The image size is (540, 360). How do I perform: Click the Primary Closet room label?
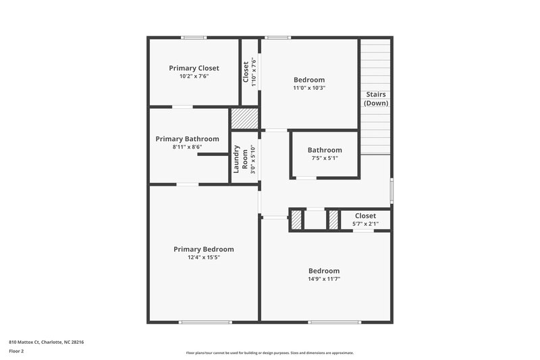[x=194, y=68]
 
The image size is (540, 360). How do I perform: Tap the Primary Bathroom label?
[x=187, y=139]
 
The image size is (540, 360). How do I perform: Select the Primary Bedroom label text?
[x=203, y=249]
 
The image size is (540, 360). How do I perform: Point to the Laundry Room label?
[x=241, y=159]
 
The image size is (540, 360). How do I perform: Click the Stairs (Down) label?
[x=376, y=99]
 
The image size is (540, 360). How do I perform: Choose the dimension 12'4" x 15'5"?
[x=203, y=257]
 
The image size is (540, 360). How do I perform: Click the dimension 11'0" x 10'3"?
[x=309, y=88]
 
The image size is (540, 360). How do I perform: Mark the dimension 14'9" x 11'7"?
[x=324, y=279]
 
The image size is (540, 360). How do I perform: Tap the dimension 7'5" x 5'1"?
[x=325, y=158]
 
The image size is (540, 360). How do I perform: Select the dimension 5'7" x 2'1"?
[x=365, y=224]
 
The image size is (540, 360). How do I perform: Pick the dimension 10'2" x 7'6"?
[x=194, y=76]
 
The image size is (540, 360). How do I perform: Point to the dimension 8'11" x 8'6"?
[x=187, y=147]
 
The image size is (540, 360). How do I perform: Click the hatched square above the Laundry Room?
[x=245, y=120]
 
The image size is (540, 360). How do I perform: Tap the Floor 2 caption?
[x=16, y=351]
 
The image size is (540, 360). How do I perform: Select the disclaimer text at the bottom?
[x=270, y=353]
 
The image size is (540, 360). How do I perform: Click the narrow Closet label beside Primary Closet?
[x=246, y=72]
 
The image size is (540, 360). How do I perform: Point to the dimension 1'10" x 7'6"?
[x=254, y=72]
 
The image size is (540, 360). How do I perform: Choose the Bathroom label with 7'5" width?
[x=325, y=150]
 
